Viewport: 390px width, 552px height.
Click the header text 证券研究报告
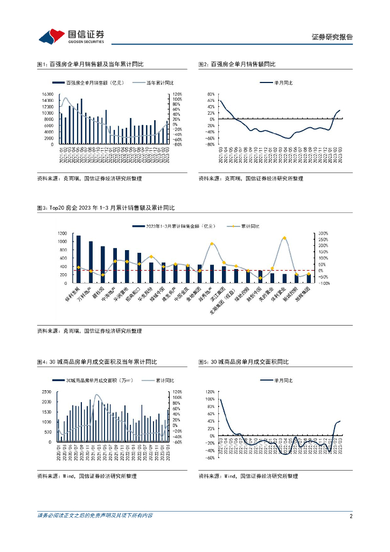pyautogui.click(x=332, y=37)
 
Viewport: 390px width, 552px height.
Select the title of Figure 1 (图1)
pyautogui.click(x=90, y=64)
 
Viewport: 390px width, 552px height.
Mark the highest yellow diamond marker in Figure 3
pyautogui.click(x=284, y=238)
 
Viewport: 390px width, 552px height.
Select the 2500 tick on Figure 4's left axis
pyautogui.click(x=46, y=392)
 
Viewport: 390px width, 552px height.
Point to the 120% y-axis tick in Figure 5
pyautogui.click(x=210, y=392)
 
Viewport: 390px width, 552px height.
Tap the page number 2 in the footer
pyautogui.click(x=351, y=516)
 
